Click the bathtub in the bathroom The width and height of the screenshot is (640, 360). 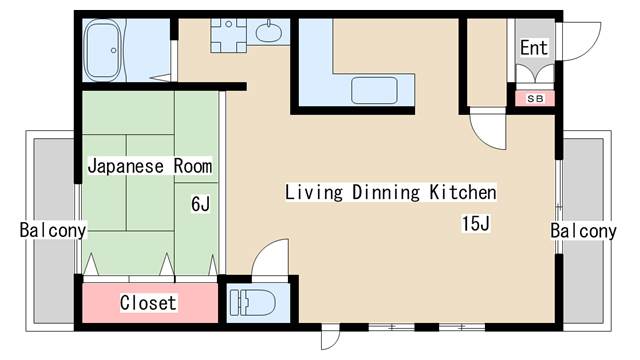[x=103, y=50]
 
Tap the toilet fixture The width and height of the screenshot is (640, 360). [x=252, y=303]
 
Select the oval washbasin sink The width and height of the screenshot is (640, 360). [x=269, y=32]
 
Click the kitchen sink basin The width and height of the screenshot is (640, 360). [x=374, y=90]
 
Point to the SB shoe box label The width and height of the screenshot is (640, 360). [x=535, y=98]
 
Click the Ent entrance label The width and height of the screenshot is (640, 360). [x=534, y=48]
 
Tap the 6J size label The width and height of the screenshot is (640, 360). [x=200, y=204]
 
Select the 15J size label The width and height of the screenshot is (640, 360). [x=476, y=223]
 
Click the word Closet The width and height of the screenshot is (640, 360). [x=148, y=303]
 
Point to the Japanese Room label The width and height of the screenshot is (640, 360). [x=150, y=166]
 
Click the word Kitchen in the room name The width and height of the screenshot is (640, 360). [x=463, y=192]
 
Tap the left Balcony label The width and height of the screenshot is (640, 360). [x=53, y=230]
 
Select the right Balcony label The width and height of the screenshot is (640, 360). [x=583, y=231]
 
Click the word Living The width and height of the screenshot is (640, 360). [x=313, y=192]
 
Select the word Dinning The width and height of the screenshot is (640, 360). [x=386, y=192]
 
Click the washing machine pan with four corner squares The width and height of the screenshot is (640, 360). [x=229, y=35]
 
